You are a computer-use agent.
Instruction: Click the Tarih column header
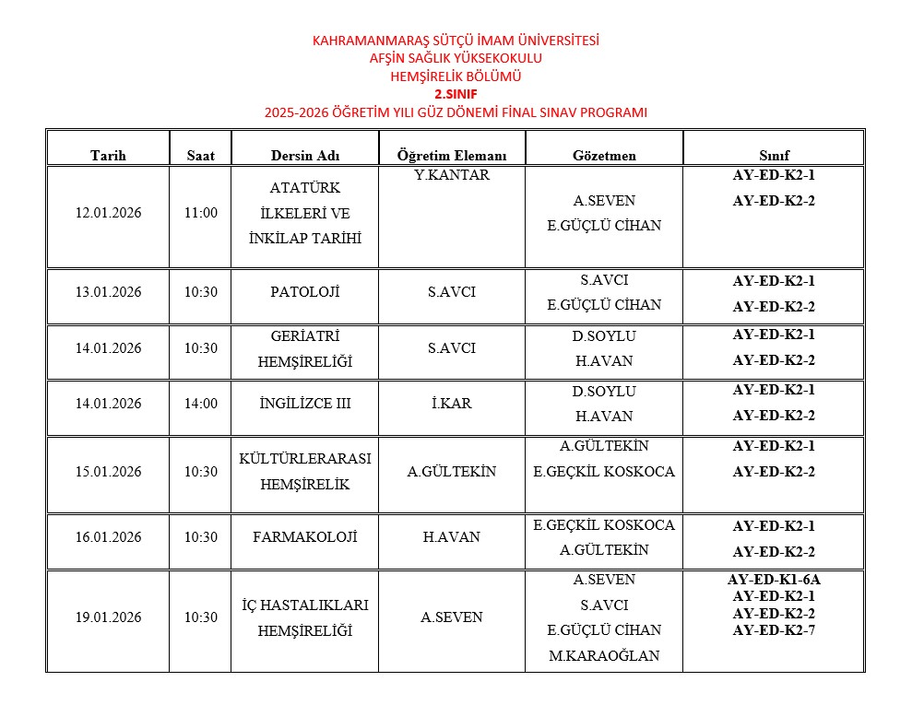point(108,156)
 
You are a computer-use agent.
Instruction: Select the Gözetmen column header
point(604,156)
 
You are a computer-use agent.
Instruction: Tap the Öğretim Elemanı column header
point(452,156)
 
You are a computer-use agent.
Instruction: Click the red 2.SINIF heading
point(456,94)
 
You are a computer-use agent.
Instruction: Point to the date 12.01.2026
point(108,213)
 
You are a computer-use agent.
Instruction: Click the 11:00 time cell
point(201,213)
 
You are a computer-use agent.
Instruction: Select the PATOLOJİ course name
point(304,292)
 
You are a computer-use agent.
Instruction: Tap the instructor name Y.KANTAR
point(452,175)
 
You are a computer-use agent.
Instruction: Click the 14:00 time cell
point(201,404)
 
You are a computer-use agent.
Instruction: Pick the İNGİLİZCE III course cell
point(304,404)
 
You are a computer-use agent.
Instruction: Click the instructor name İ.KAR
point(452,404)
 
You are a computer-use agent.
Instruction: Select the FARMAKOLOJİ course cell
point(304,537)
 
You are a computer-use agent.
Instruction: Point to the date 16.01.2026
point(108,537)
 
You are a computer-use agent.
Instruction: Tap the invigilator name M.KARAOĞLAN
point(604,656)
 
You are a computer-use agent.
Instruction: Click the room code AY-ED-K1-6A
point(774,580)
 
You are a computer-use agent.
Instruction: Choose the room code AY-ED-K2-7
point(774,630)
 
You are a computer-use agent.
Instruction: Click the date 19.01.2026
point(108,617)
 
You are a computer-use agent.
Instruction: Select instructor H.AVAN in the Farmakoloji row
point(452,537)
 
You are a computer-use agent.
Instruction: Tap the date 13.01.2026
point(108,292)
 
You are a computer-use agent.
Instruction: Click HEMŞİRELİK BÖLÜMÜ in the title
point(456,76)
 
